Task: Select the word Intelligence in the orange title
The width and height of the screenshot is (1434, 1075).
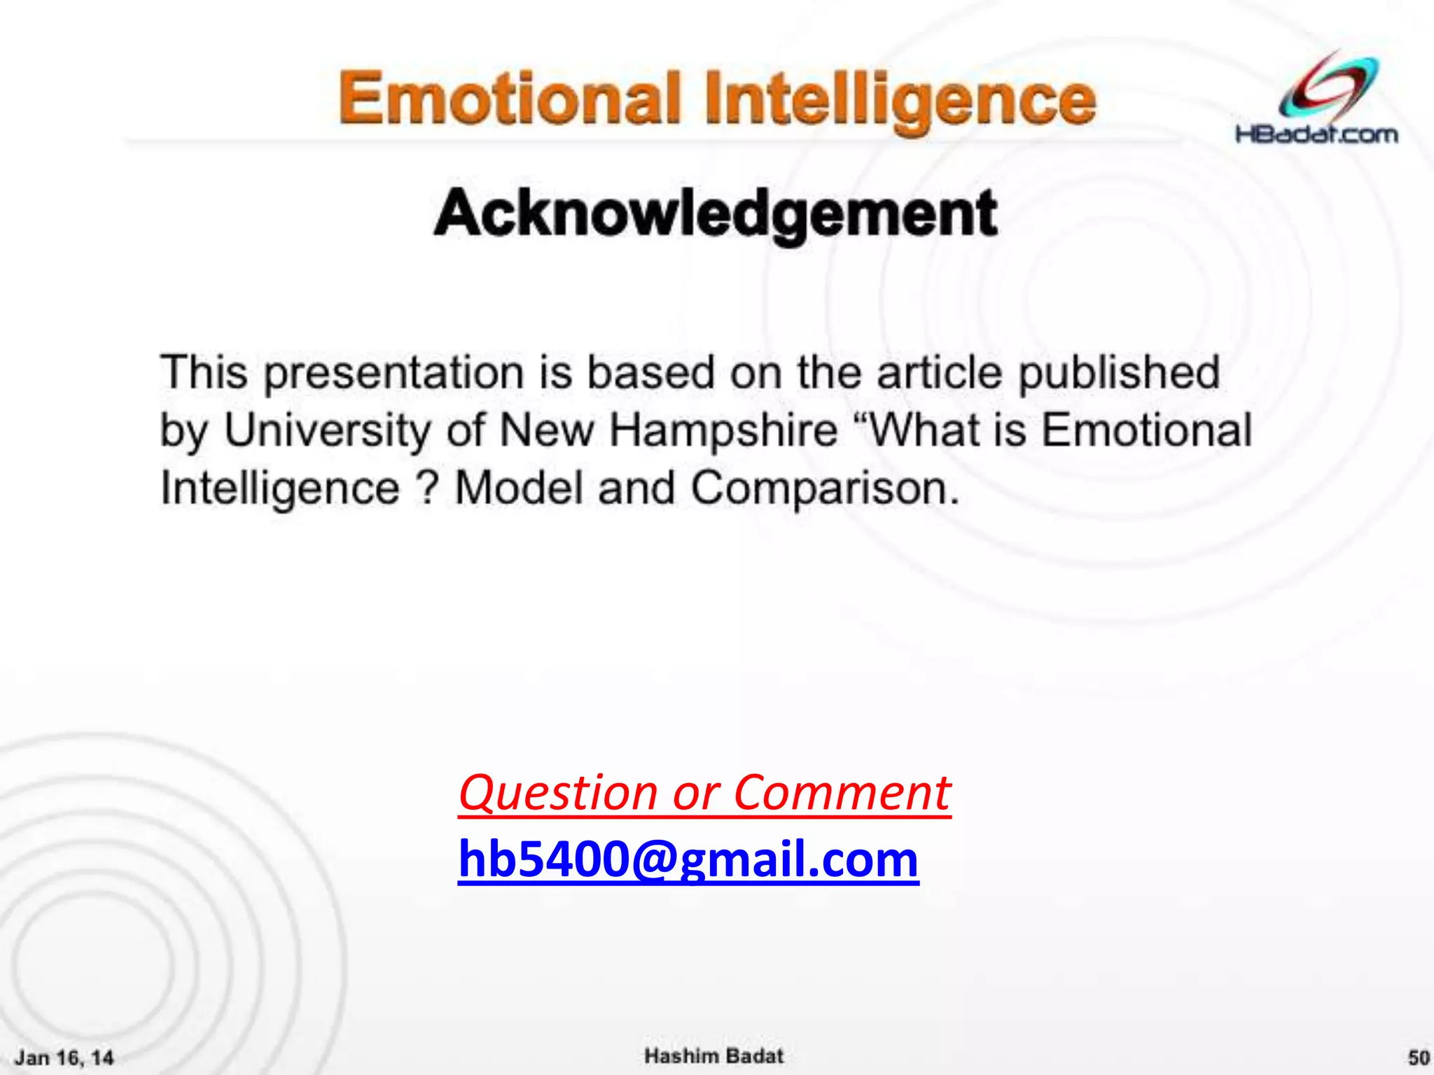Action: click(x=900, y=101)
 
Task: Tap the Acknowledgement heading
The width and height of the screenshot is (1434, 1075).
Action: click(x=716, y=214)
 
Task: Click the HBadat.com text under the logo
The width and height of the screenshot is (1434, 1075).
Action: click(x=1316, y=134)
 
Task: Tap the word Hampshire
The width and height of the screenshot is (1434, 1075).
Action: click(x=724, y=430)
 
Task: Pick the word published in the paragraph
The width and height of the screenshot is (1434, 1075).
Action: click(x=1118, y=374)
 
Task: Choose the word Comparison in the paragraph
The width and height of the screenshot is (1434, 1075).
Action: click(x=825, y=488)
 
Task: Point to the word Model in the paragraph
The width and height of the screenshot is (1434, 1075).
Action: click(x=519, y=488)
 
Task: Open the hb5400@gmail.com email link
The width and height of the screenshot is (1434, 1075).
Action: click(x=688, y=859)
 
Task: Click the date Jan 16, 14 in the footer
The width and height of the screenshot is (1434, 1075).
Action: click(x=64, y=1057)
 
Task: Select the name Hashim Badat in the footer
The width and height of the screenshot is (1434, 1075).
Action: click(x=713, y=1055)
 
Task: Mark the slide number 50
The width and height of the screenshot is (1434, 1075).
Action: click(x=1419, y=1057)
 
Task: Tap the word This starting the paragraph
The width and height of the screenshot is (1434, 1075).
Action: click(x=204, y=372)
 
